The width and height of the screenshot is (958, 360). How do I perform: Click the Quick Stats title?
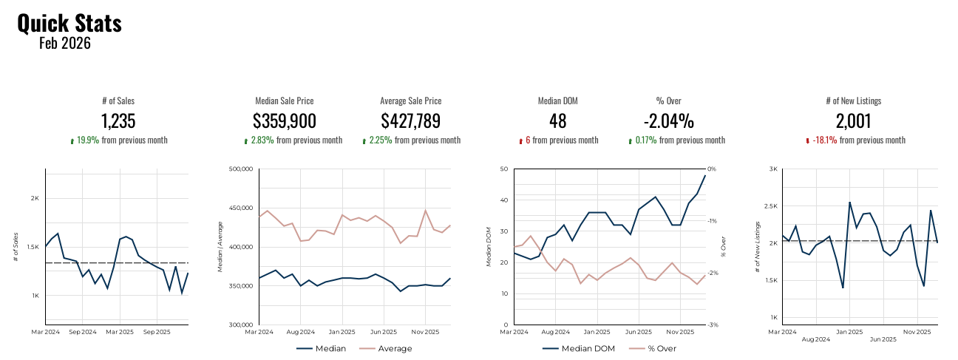point(69,23)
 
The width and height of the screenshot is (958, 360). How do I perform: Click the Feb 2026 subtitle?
point(65,44)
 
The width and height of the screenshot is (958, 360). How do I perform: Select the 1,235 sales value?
point(118,121)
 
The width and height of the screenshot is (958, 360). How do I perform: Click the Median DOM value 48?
point(558,121)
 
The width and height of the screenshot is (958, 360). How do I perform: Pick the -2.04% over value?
point(668,121)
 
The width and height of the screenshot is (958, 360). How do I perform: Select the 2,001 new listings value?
point(853,121)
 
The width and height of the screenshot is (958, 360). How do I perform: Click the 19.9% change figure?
point(87,140)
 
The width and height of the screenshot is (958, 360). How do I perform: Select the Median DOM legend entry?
point(586,348)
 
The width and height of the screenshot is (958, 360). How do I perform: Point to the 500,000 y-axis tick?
point(242,169)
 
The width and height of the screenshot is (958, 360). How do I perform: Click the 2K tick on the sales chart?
point(34,198)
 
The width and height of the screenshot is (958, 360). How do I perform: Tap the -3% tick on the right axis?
point(713,325)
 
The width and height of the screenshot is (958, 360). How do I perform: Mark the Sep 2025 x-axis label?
point(156,332)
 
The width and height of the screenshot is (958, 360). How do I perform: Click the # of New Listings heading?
point(853,101)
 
